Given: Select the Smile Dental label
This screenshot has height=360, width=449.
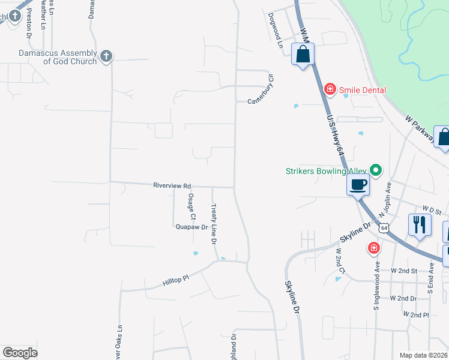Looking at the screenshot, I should [362, 90].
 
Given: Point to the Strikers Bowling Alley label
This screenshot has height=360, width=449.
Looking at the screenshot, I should [325, 171].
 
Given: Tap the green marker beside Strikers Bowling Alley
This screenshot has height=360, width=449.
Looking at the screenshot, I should [376, 171].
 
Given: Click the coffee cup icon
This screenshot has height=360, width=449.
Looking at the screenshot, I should [358, 185].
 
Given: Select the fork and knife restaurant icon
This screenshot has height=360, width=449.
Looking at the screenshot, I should [419, 225].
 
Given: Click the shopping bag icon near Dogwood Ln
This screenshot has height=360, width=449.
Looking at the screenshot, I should [303, 55].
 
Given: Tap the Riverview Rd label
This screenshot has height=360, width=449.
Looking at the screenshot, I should [172, 186].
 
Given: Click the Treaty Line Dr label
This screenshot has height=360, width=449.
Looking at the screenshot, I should [213, 224].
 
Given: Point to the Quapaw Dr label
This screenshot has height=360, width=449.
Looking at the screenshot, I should [191, 227].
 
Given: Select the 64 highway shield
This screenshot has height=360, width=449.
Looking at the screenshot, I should [384, 227].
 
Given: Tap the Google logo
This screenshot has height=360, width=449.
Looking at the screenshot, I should [20, 353].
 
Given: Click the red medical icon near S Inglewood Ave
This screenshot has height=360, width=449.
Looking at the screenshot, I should [373, 247].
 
